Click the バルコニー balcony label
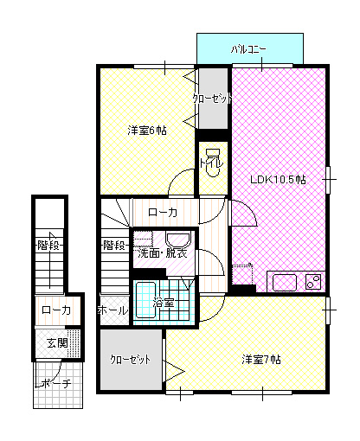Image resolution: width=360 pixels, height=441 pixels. [248, 50]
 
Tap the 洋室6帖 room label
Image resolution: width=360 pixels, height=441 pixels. [147, 131]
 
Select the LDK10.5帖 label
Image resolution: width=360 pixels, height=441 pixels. [278, 180]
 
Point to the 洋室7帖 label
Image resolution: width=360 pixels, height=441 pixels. [261, 360]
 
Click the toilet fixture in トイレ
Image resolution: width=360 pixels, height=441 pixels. [213, 163]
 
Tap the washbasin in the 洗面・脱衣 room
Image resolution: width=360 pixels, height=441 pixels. [178, 239]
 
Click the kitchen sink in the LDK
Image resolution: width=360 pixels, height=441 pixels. [285, 283]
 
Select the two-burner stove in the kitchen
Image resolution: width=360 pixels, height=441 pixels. [313, 282]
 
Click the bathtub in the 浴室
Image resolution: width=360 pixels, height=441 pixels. [146, 301]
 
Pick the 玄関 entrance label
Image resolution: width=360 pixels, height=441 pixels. [58, 343]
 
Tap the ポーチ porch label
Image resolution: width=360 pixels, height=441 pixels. [53, 383]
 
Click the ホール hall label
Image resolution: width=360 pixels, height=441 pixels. [112, 310]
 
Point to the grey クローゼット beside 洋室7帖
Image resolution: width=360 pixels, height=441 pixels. [131, 360]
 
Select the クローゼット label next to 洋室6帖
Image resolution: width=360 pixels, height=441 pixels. [212, 99]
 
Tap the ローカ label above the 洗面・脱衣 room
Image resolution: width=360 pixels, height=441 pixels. [163, 213]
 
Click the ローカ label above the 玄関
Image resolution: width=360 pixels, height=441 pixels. [56, 310]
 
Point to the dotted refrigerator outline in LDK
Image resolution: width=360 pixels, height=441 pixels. [242, 274]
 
